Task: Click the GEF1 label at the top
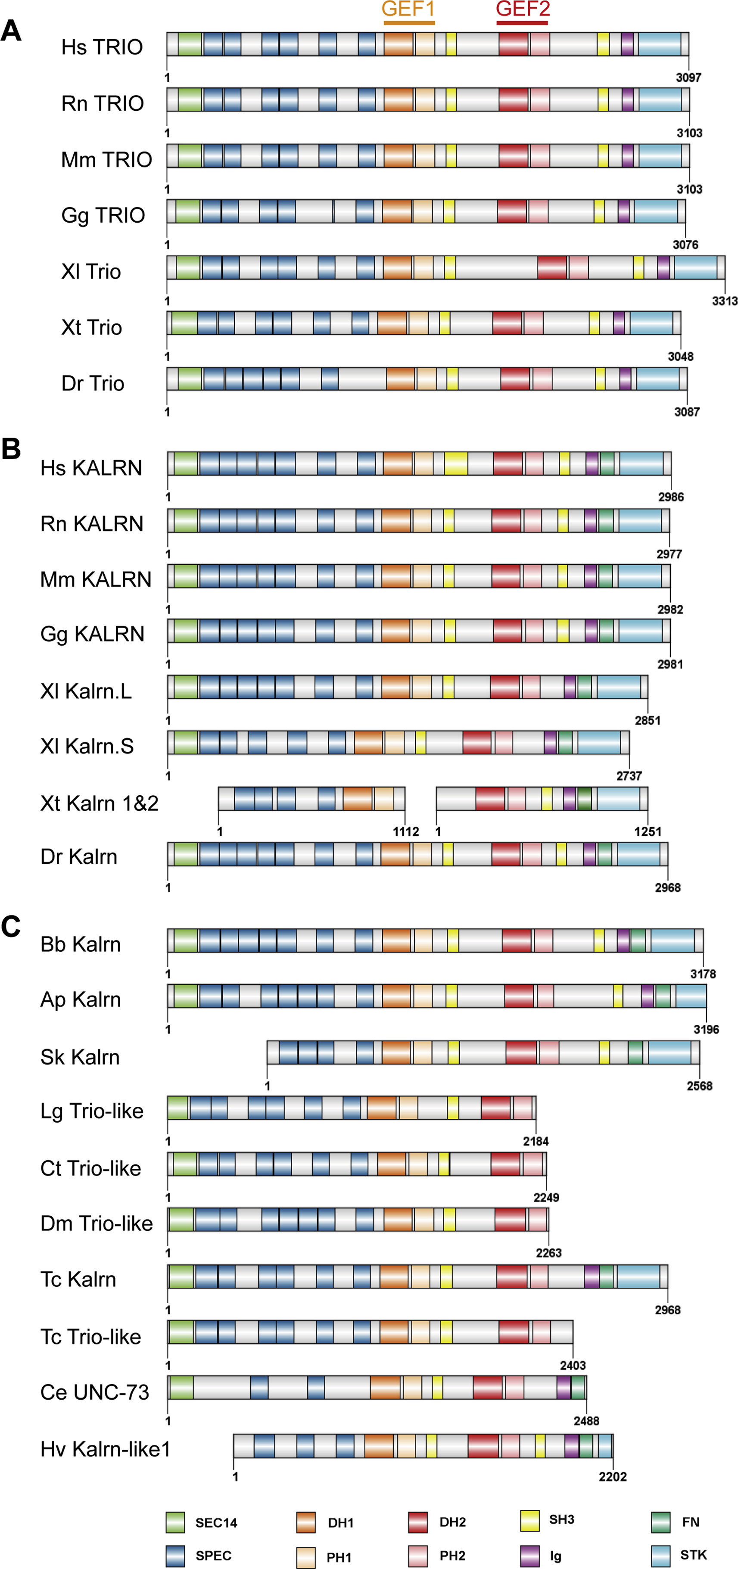pyautogui.click(x=408, y=9)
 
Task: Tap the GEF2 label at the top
pyautogui.click(x=523, y=9)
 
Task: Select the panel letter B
pyautogui.click(x=11, y=449)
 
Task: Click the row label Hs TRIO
pyautogui.click(x=102, y=47)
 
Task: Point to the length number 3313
pyautogui.click(x=725, y=301)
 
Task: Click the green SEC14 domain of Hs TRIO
pyautogui.click(x=190, y=44)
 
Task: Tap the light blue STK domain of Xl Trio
pyautogui.click(x=695, y=268)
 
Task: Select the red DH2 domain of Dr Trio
pyautogui.click(x=515, y=378)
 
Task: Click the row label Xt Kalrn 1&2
pyautogui.click(x=99, y=803)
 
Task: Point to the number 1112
pyautogui.click(x=405, y=831)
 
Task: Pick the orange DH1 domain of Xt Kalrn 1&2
pyautogui.click(x=358, y=799)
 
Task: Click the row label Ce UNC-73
pyautogui.click(x=94, y=1392)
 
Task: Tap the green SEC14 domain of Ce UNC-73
pyautogui.click(x=181, y=1387)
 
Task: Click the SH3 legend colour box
pyautogui.click(x=530, y=1520)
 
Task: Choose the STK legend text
pyautogui.click(x=693, y=1555)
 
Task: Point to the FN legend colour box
pyautogui.click(x=661, y=1522)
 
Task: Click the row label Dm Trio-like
pyautogui.click(x=96, y=1223)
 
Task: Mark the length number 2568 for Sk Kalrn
pyautogui.click(x=699, y=1085)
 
